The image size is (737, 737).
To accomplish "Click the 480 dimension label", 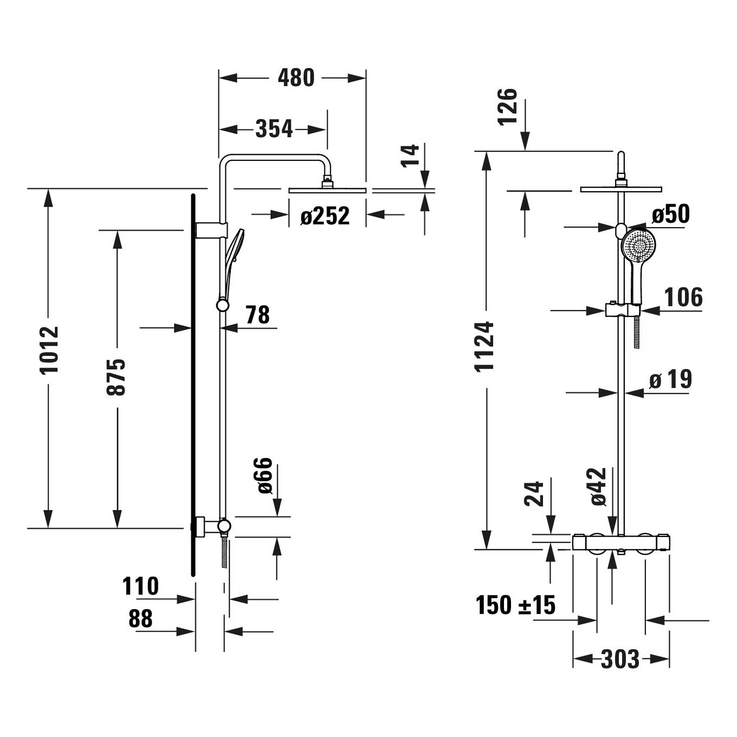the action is [296, 78].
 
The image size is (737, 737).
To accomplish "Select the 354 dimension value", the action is [274, 129].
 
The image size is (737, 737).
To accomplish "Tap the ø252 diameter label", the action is [325, 216].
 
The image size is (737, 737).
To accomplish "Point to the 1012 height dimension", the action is [50, 350].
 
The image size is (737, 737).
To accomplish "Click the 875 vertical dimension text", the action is [116, 377].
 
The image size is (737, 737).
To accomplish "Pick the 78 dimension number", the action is [258, 314].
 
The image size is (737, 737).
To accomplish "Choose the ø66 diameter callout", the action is [264, 475].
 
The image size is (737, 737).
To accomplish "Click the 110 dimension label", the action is [140, 586].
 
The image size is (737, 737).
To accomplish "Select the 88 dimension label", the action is [140, 618].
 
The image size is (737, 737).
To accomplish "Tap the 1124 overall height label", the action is [484, 346].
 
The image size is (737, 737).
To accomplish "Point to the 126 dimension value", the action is [507, 107].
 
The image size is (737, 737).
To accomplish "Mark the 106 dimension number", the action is [683, 297].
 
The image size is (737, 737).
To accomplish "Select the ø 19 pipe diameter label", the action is [671, 379].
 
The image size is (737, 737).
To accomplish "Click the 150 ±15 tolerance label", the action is [515, 605].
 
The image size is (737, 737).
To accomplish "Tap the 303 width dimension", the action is [620, 659].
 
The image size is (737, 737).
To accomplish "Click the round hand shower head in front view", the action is [638, 245].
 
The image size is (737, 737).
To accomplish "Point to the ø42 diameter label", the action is [599, 487].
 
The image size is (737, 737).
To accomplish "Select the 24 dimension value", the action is [534, 494].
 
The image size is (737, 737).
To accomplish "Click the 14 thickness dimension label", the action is [410, 156].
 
